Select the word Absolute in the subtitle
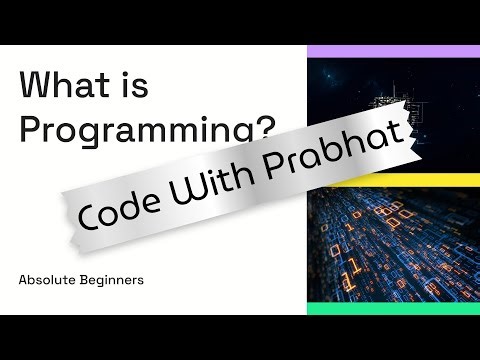click(x=48, y=280)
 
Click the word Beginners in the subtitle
click(x=112, y=280)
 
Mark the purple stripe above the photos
click(x=393, y=51)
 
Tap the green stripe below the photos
click(x=393, y=309)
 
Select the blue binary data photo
click(x=393, y=250)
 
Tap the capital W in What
click(x=37, y=87)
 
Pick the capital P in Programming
click(x=31, y=128)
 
